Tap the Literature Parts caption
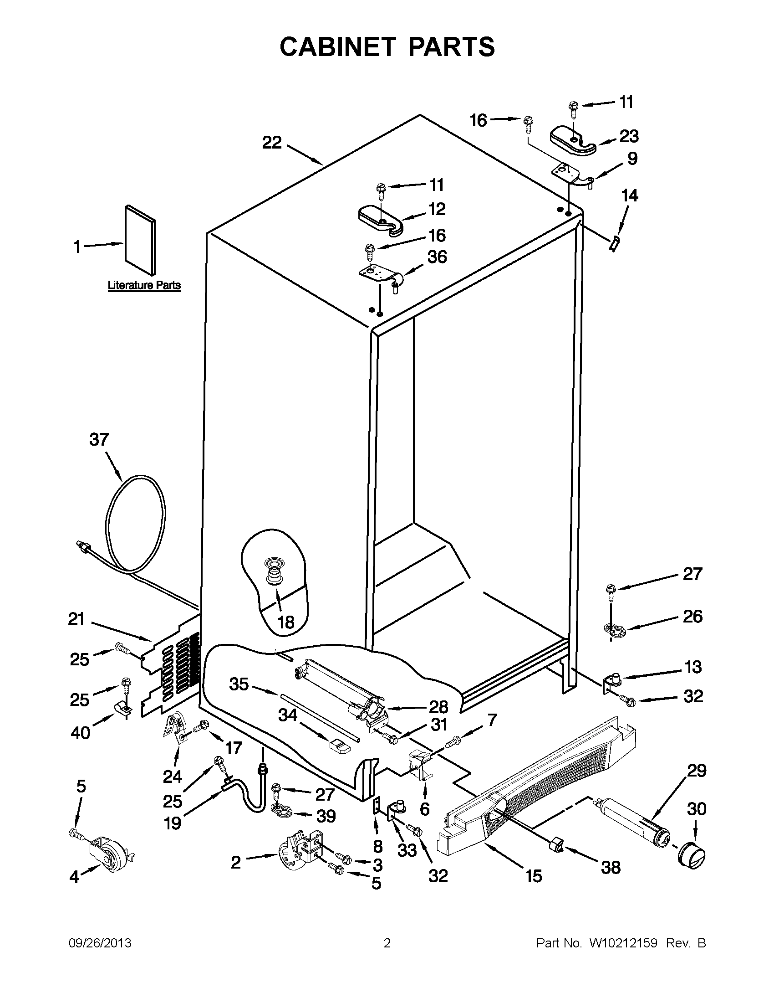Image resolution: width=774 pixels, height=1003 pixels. pos(144,285)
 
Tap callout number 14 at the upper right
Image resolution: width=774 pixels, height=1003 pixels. pos(629,195)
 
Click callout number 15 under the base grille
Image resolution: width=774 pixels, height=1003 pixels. pos(534,876)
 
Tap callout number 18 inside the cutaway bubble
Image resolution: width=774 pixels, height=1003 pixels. pos(286,622)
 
